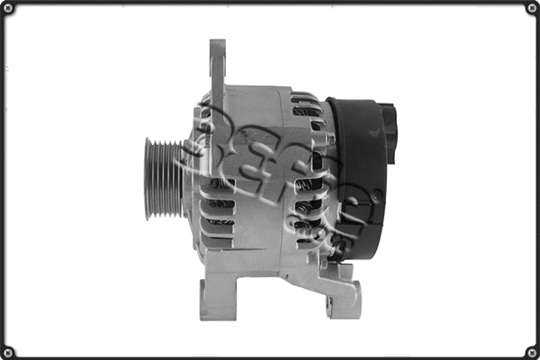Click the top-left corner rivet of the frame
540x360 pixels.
tap(9, 9)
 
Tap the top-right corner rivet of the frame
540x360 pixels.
tap(531, 9)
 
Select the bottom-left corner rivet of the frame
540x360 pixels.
tap(9, 351)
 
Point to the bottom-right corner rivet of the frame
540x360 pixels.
tap(531, 351)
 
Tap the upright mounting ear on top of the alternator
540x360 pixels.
tap(217, 67)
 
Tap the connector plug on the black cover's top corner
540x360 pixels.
tap(389, 130)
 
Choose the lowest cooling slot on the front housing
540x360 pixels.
tap(217, 238)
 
